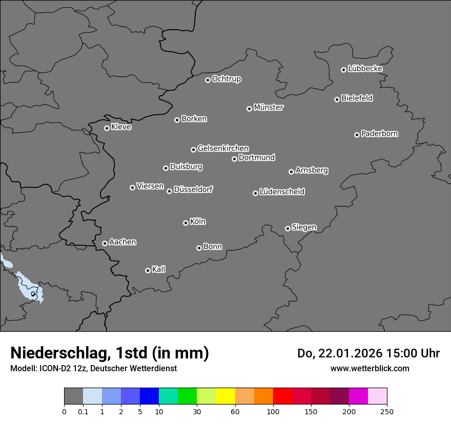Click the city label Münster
(x=269, y=108)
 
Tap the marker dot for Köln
(x=186, y=223)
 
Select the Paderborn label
(x=380, y=134)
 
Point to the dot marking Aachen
(x=105, y=243)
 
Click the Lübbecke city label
(x=365, y=69)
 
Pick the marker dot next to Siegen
(x=288, y=228)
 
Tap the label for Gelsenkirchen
(x=223, y=148)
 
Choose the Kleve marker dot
(x=107, y=128)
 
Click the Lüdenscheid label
(x=282, y=192)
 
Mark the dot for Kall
(x=148, y=270)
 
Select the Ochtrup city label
(x=227, y=79)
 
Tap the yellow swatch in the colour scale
(x=225, y=396)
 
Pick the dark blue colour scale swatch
(x=149, y=396)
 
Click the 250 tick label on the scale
(x=386, y=411)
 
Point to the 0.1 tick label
(x=83, y=411)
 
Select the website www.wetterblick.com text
(x=370, y=368)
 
